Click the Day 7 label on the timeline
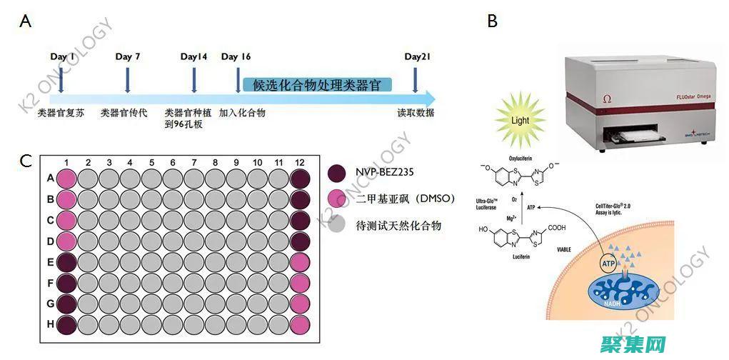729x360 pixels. coord(127,57)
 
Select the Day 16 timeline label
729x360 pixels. coord(236,57)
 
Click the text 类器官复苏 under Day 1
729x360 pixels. coord(61,113)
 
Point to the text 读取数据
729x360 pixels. coord(416,113)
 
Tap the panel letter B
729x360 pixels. coord(492,21)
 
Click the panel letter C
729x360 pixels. coord(25,161)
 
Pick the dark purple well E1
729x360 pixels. coord(66,262)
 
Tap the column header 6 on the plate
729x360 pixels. coord(173,163)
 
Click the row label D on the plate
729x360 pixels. coord(51,241)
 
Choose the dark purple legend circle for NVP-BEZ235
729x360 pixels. coord(337,173)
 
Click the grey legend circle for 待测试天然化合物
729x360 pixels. coord(337,226)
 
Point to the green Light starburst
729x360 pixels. coord(520,120)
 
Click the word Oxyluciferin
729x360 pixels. coord(521,159)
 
